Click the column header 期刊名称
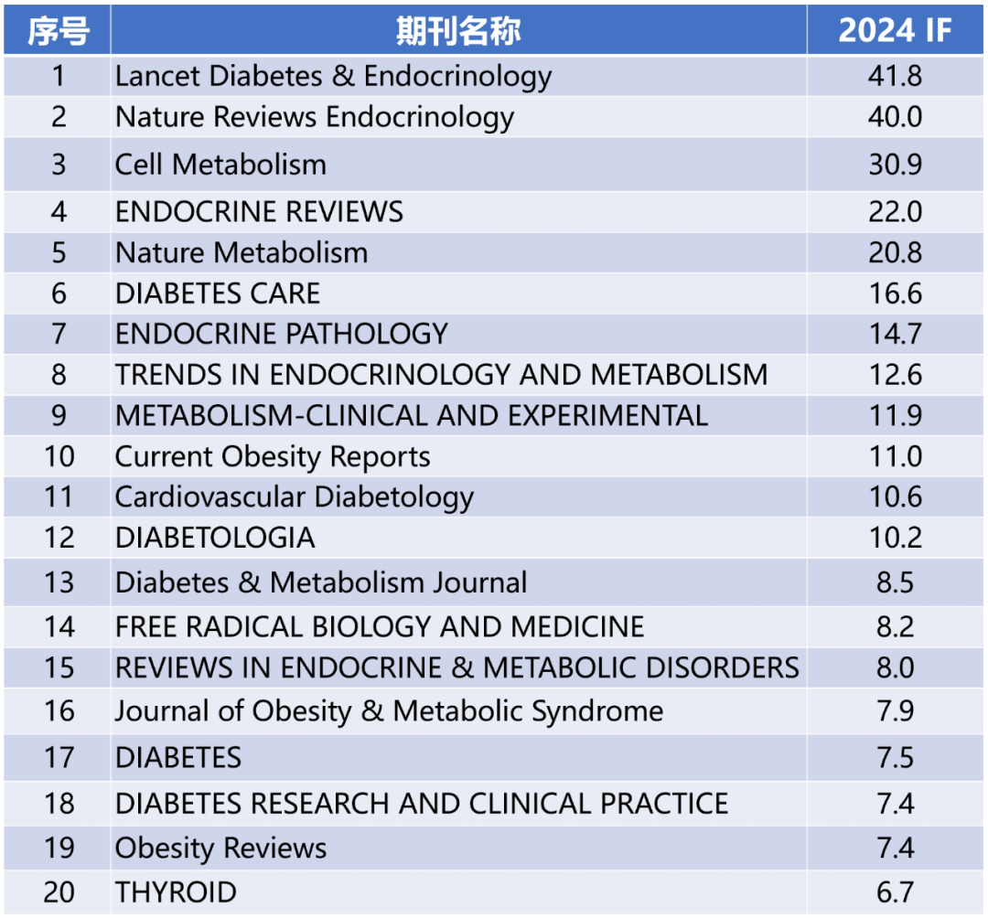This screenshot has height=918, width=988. (x=458, y=31)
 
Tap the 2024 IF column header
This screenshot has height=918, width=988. (x=895, y=31)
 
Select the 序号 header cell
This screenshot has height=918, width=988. (x=58, y=31)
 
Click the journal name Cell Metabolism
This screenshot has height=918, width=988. (x=220, y=165)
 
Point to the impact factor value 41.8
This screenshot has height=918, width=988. (x=895, y=76)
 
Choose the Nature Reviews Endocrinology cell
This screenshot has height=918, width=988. (x=314, y=117)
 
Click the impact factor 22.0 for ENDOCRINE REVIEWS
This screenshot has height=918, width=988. (x=895, y=212)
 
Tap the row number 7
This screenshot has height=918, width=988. (x=59, y=334)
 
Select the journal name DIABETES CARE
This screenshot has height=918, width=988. (x=218, y=294)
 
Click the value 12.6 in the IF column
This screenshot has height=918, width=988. (x=895, y=375)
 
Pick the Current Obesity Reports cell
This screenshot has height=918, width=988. (x=272, y=456)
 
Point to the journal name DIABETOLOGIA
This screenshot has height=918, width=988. (x=215, y=538)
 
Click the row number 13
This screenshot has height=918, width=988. (x=59, y=582)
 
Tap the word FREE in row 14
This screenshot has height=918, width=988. (x=145, y=627)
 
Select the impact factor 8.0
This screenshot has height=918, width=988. (x=895, y=667)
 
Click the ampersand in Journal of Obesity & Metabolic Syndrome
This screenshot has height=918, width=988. (x=371, y=711)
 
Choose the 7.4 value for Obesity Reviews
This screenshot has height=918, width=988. (x=895, y=848)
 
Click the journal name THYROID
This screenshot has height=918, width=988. (x=176, y=891)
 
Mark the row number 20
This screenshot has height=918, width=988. (x=59, y=891)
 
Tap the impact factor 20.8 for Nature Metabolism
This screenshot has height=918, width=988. (x=895, y=253)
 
